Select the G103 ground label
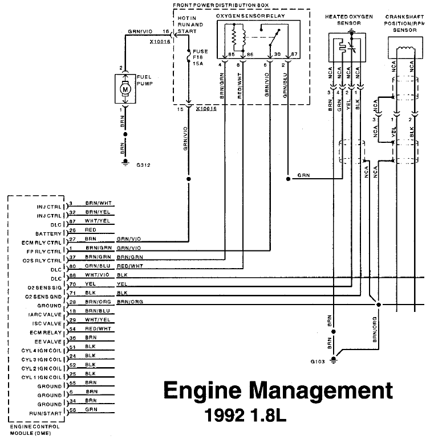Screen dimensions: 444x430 click(x=317, y=361)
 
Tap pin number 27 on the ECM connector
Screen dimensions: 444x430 click(x=71, y=240)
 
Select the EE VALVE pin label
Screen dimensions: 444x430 click(x=51, y=340)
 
